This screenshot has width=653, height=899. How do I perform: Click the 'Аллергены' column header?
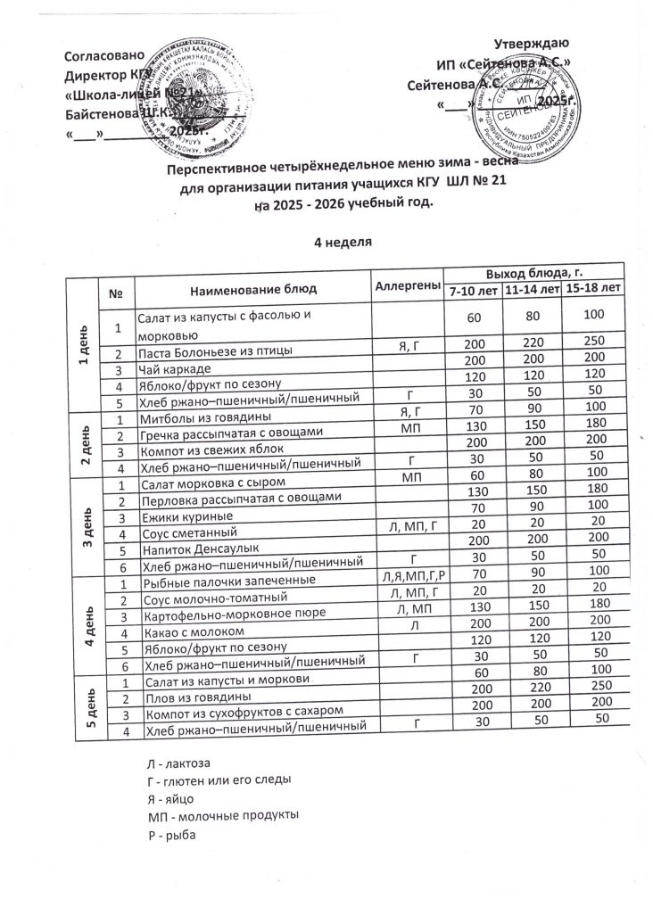[409, 285]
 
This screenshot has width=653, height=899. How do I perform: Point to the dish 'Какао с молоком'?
[186, 631]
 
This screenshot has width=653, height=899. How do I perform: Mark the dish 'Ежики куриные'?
[182, 517]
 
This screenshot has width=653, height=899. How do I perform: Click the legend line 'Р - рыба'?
[170, 836]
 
